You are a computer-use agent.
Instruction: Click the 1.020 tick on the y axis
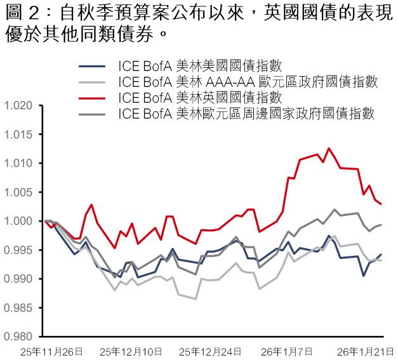pyautogui.click(x=17, y=105)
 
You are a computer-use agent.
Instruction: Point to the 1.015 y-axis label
pyautogui.click(x=17, y=135)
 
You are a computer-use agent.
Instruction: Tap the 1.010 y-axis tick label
pyautogui.click(x=17, y=163)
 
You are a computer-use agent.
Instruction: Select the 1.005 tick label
pyautogui.click(x=17, y=192)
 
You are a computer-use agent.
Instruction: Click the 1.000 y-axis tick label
pyautogui.click(x=17, y=221)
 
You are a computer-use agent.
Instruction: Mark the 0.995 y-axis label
pyautogui.click(x=17, y=250)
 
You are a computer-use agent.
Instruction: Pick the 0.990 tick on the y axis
pyautogui.click(x=17, y=279)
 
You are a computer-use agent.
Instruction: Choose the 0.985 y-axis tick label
pyautogui.click(x=17, y=308)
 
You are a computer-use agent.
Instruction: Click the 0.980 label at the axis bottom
pyautogui.click(x=17, y=337)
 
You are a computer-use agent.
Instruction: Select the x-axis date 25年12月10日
pyautogui.click(x=131, y=350)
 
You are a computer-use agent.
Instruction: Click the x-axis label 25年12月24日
pyautogui.click(x=210, y=350)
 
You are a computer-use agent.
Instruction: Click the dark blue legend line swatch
pyautogui.click(x=92, y=66)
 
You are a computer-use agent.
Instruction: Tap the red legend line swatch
pyautogui.click(x=92, y=98)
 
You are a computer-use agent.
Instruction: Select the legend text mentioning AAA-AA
pyautogui.click(x=248, y=82)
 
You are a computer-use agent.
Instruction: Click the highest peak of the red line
pyautogui.click(x=329, y=149)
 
